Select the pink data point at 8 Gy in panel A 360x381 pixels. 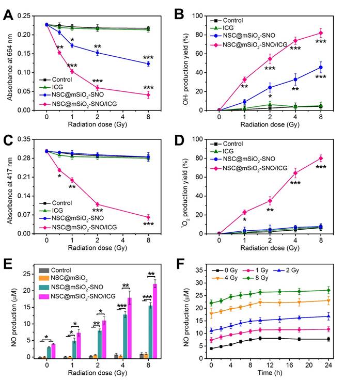[148, 95]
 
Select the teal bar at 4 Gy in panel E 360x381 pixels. [124, 343]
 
